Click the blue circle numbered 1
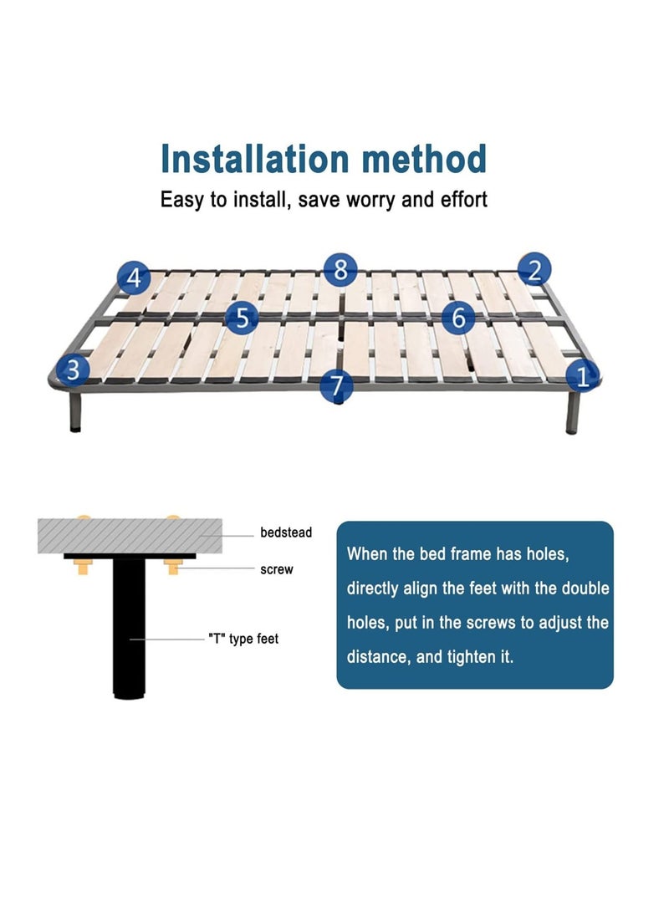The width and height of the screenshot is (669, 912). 584,375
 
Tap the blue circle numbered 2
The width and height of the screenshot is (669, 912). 534,269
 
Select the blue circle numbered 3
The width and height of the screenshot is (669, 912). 73,369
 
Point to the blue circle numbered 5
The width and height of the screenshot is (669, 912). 242,318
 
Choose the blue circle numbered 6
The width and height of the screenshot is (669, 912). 458,318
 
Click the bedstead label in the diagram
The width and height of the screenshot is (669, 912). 286,532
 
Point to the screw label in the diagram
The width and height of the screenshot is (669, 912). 277,569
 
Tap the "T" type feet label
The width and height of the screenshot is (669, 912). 243,639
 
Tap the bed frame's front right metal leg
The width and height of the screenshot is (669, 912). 574,413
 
